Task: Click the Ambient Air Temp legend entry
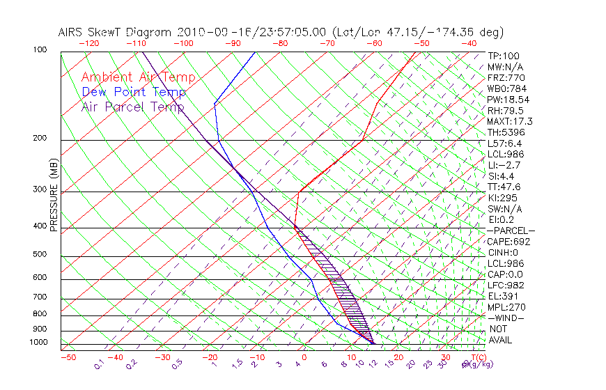point(138,77)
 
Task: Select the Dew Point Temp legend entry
point(134,92)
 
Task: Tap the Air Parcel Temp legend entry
point(132,107)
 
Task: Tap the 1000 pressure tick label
point(40,343)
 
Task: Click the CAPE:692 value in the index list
point(506,242)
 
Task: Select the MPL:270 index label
point(506,307)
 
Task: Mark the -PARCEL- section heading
point(511,231)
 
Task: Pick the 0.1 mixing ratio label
point(99,364)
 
